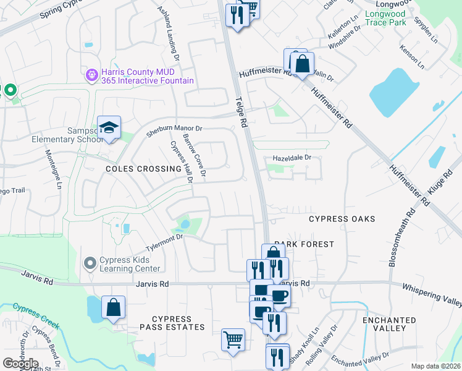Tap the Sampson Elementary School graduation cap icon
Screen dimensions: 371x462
pyautogui.click(x=109, y=128)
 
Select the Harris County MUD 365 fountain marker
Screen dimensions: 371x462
pyautogui.click(x=92, y=75)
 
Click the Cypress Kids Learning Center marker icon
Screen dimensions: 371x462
pyautogui.click(x=90, y=263)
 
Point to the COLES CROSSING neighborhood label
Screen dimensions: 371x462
pyautogui.click(x=143, y=168)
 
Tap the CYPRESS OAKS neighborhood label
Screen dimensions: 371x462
pyautogui.click(x=342, y=219)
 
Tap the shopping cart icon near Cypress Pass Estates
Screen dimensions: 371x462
pyautogui.click(x=233, y=339)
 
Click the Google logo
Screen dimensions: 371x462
pyautogui.click(x=20, y=364)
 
